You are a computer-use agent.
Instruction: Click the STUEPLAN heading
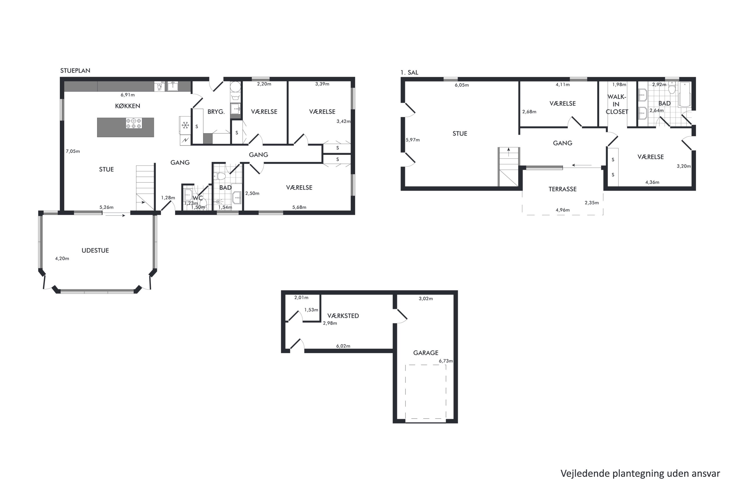(75, 71)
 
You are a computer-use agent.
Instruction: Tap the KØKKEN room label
(127, 106)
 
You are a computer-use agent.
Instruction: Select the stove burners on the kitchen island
(134, 123)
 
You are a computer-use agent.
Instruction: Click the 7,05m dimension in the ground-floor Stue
(73, 151)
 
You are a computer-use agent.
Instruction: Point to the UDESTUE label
(95, 250)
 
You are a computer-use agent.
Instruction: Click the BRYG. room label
(216, 112)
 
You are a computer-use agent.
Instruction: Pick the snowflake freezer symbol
(185, 125)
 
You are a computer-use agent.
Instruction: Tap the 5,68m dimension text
(299, 207)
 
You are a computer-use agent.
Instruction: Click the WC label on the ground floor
(198, 198)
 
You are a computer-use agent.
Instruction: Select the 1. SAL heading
(409, 73)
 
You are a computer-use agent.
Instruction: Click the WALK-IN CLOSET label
(617, 104)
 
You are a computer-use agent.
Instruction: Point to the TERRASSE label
(562, 189)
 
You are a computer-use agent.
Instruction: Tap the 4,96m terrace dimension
(562, 210)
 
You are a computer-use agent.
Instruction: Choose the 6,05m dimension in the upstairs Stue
(461, 85)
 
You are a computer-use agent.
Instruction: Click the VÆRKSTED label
(343, 316)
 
